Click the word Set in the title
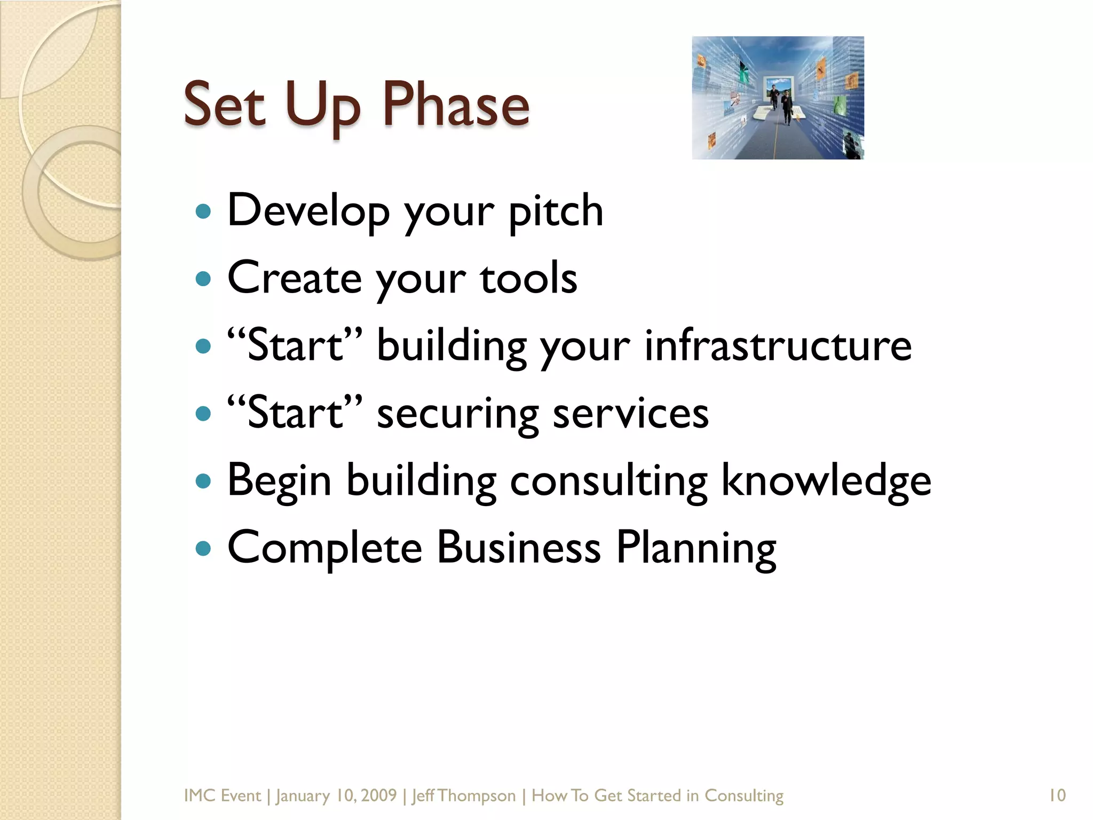tap(224, 104)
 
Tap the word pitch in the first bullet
tap(556, 211)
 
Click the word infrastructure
tap(778, 345)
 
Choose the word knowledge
tap(826, 480)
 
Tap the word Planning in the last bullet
tap(696, 548)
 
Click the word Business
tap(519, 548)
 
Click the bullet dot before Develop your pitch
tap(203, 211)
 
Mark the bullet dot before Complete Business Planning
tap(203, 548)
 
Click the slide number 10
tap(1057, 795)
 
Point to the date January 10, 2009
tap(336, 795)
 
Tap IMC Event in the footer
tap(222, 795)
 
